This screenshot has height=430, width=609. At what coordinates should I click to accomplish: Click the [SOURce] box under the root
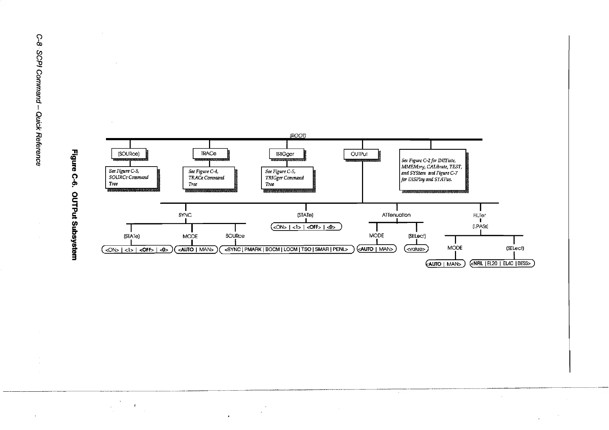point(129,154)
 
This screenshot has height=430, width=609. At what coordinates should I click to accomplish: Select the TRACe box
point(210,154)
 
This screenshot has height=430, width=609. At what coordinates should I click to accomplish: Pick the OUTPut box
point(361,154)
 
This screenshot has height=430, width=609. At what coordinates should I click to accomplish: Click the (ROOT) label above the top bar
point(298,136)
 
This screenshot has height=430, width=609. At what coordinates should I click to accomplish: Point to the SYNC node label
point(185,215)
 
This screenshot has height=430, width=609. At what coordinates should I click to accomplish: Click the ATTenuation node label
point(396,215)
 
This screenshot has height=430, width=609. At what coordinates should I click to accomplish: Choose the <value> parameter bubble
point(416,249)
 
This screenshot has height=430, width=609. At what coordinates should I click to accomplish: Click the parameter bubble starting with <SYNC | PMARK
point(286,249)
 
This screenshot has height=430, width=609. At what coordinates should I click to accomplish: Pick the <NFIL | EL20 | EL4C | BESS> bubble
point(502,263)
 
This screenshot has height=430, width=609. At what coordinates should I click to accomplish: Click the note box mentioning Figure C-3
point(131,177)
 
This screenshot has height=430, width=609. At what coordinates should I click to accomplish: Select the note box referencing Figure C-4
point(209,178)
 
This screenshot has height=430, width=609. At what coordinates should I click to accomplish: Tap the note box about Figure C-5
point(287,178)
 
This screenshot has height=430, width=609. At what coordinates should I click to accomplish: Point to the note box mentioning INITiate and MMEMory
point(432,170)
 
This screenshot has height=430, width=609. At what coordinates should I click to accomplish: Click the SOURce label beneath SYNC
point(235,236)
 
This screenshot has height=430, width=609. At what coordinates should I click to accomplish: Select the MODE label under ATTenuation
point(376,236)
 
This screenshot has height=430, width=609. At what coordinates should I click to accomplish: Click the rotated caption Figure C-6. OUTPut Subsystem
point(74,205)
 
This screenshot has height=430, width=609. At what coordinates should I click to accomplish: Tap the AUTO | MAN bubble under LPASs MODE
point(445,264)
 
